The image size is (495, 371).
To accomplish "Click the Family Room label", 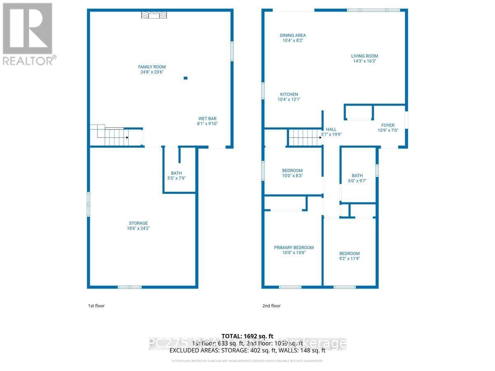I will click(152, 67).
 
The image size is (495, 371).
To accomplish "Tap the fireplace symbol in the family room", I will click(154, 15).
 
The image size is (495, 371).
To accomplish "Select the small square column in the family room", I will click(185, 78).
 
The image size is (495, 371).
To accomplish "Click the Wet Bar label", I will click(207, 118).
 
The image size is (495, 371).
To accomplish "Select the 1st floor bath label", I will click(176, 173).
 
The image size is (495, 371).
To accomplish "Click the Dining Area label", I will click(293, 35).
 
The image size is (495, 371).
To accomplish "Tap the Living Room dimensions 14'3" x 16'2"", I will click(364, 61).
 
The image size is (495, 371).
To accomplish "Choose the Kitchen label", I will click(289, 94).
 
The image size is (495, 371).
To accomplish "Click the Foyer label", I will click(387, 125).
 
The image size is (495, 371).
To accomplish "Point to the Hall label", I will click(331, 129).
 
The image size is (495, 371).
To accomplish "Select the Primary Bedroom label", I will click(294, 248).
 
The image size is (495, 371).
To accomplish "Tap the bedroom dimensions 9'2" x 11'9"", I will click(349, 259).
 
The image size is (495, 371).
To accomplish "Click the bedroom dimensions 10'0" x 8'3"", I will click(292, 176).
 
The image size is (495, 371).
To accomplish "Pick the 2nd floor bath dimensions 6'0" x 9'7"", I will click(357, 181).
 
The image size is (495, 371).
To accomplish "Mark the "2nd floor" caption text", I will click(271, 306).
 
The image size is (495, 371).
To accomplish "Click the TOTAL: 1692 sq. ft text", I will click(247, 336).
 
